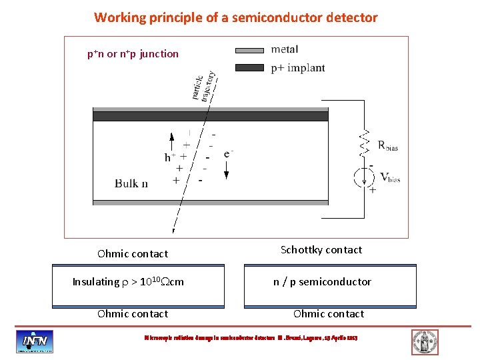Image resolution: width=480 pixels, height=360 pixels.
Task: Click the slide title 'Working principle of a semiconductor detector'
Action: (x=235, y=17)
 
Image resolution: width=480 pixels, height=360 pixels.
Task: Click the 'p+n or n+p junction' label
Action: (x=133, y=54)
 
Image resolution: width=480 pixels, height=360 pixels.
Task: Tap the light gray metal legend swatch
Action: (x=250, y=50)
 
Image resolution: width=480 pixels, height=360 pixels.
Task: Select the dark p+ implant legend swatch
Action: (x=250, y=67)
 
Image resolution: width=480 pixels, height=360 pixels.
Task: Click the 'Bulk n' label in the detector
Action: (x=131, y=183)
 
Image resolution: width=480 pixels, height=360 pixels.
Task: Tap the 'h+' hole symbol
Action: (x=170, y=158)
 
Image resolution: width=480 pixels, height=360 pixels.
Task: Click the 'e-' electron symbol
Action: (x=229, y=154)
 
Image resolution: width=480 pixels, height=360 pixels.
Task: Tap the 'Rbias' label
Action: (x=387, y=146)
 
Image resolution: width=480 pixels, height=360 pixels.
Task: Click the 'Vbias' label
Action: (x=389, y=177)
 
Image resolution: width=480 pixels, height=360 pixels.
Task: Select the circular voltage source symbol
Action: (x=364, y=177)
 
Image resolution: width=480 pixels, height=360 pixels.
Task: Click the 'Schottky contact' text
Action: (x=321, y=250)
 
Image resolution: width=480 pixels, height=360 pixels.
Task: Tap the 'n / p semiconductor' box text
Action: (x=322, y=282)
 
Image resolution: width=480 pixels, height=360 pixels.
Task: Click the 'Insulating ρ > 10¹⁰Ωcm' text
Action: (x=128, y=282)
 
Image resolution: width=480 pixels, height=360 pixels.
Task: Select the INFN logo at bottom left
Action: (x=35, y=341)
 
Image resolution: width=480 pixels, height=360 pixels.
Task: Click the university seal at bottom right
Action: (x=425, y=341)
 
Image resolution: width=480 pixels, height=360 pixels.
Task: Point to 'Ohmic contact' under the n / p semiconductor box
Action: (x=329, y=314)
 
